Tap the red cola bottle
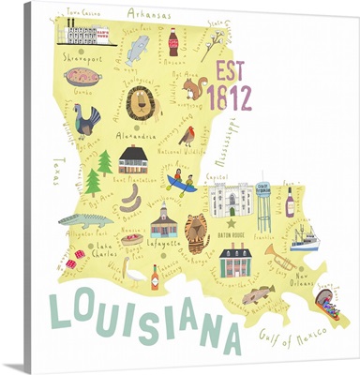pos(172,40)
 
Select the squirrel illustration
pos(194,88)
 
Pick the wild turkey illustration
pos(87,120)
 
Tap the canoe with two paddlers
pos(182,182)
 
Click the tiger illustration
pos(196,232)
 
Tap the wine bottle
pos(290,202)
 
